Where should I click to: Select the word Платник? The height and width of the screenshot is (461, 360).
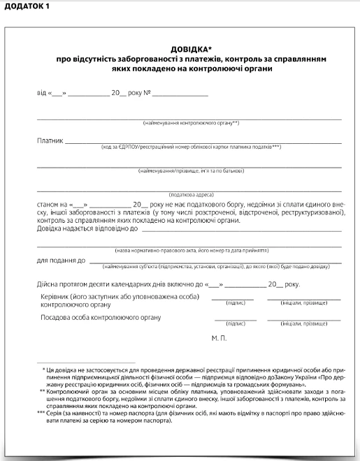(50, 140)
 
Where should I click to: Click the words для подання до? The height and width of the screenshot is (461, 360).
(61, 260)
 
